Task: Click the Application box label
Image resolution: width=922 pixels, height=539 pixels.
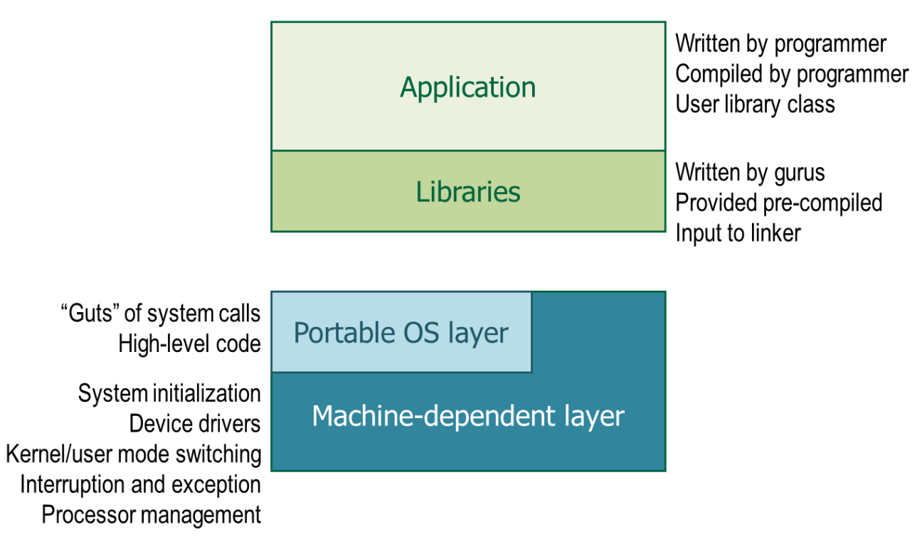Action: (467, 87)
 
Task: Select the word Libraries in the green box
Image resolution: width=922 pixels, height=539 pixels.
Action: (467, 192)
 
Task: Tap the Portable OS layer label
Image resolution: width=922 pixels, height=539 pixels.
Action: (401, 333)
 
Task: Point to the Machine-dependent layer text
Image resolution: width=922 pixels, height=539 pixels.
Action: (467, 416)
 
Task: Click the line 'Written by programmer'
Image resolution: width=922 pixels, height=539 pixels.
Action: (780, 44)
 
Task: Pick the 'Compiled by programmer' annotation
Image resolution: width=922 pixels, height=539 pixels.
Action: (791, 74)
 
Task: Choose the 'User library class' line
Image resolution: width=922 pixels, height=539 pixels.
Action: (755, 105)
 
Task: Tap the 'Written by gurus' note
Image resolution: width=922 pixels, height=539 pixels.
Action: (750, 172)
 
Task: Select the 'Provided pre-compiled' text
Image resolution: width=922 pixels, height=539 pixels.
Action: (778, 203)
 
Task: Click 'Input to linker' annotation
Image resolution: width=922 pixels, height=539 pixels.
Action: (738, 233)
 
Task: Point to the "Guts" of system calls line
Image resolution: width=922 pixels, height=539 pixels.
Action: (161, 314)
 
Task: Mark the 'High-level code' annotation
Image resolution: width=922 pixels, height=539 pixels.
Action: (189, 344)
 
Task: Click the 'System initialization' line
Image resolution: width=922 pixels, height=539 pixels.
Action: (169, 393)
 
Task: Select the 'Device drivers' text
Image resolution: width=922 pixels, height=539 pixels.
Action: (195, 424)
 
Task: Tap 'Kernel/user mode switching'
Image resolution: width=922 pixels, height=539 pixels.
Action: (134, 454)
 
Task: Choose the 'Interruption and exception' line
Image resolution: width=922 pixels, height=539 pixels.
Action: (140, 484)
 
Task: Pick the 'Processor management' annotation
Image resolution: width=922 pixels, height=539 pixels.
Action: (152, 515)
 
